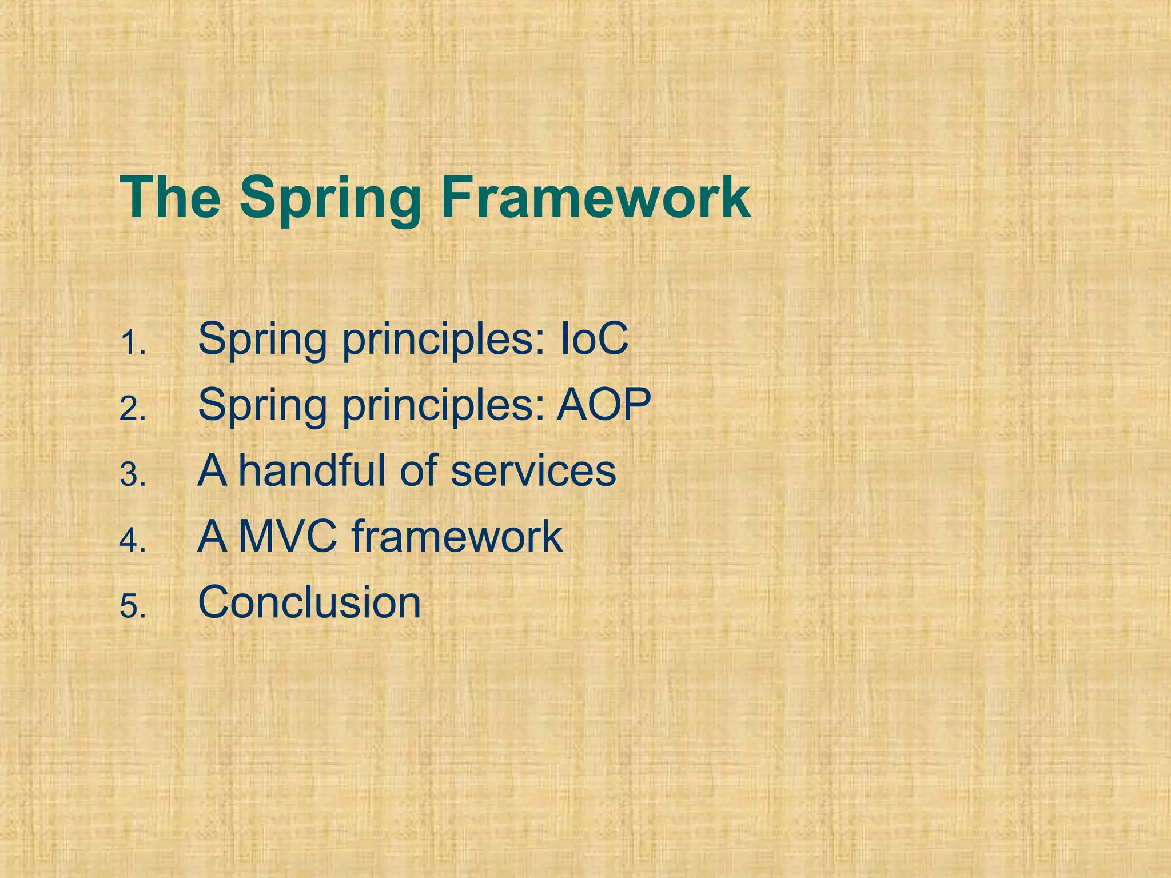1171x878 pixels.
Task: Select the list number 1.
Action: tap(133, 345)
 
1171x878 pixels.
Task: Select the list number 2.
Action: tap(133, 410)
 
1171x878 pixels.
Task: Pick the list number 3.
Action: tap(133, 476)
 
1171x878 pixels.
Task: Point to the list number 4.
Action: tap(133, 541)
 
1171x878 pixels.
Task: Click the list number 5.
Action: tap(133, 606)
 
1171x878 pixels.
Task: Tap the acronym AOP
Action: tap(604, 405)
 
